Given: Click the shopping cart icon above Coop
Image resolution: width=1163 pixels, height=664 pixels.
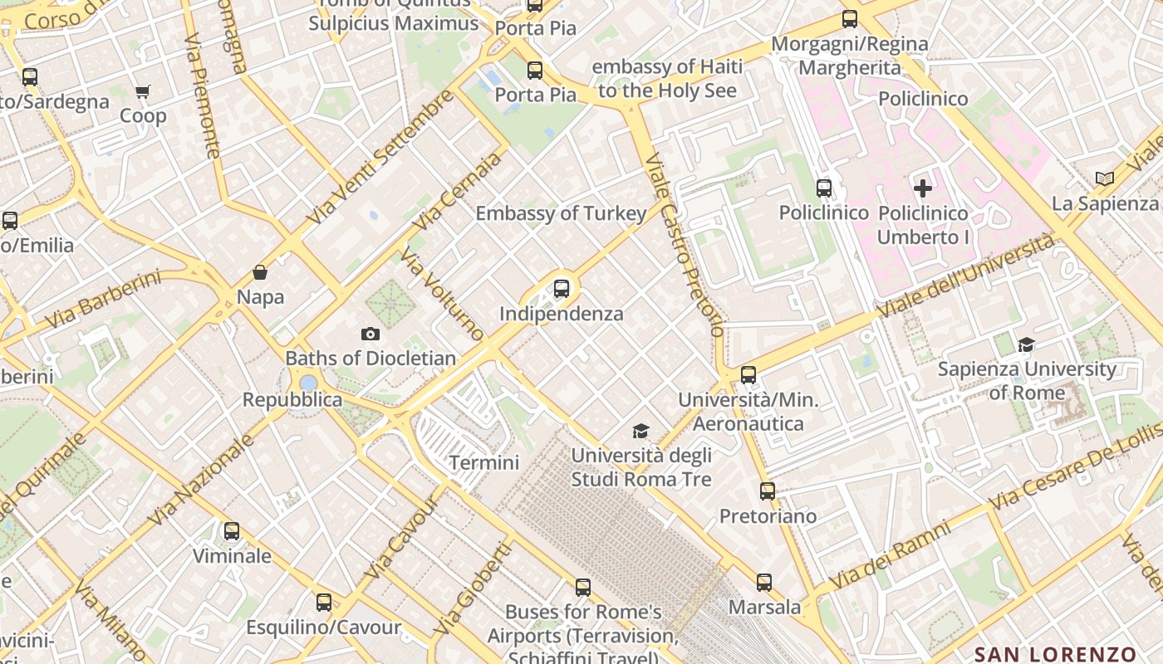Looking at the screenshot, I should tap(142, 91).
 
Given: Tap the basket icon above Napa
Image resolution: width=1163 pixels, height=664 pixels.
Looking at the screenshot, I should tap(260, 272).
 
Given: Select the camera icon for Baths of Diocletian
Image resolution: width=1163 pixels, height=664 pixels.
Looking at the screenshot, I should tap(370, 334).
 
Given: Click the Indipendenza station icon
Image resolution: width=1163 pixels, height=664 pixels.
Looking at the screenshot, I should tap(562, 289).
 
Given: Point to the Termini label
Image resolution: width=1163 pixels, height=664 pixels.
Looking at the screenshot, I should tap(484, 463).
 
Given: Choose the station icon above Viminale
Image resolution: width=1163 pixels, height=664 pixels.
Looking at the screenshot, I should tap(232, 531).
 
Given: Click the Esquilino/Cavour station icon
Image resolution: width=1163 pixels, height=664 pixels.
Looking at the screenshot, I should tap(324, 603).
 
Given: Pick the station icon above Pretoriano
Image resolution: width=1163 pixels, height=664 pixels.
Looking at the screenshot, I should tap(768, 491).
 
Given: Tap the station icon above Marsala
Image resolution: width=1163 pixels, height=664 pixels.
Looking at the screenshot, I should tap(764, 583).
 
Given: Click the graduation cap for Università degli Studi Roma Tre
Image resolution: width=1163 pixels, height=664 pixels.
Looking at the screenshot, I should tap(640, 431).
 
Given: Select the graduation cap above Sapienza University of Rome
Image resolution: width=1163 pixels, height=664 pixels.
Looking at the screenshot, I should tap(1027, 344).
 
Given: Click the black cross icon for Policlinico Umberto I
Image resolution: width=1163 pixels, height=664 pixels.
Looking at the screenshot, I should tap(923, 188).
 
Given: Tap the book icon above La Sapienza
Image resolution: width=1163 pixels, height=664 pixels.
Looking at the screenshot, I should tap(1104, 178).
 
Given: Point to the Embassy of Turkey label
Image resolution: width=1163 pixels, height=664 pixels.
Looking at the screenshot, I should tap(561, 213).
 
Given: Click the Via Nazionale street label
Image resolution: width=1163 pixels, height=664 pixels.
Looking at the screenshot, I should tap(200, 480).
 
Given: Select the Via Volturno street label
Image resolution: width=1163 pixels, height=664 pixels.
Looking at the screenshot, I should tap(442, 294).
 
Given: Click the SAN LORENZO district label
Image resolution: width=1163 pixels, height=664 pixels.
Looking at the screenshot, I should tap(1055, 654).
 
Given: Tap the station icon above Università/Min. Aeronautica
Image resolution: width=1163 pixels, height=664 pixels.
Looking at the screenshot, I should tap(748, 375).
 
